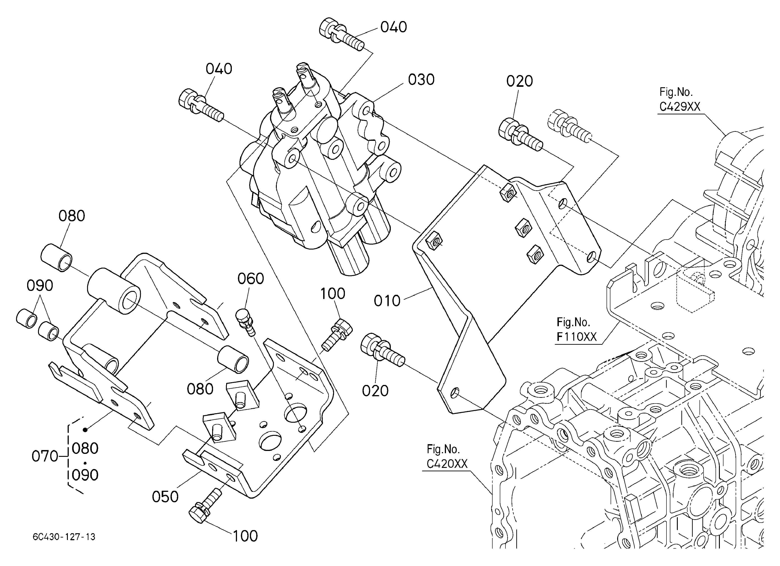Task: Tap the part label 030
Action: [421, 80]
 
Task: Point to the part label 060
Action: [251, 279]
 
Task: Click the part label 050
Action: [165, 497]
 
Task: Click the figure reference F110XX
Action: [577, 337]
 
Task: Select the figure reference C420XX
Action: [447, 464]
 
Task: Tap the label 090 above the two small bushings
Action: [40, 285]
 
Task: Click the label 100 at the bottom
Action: [245, 536]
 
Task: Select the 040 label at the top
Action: [394, 27]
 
